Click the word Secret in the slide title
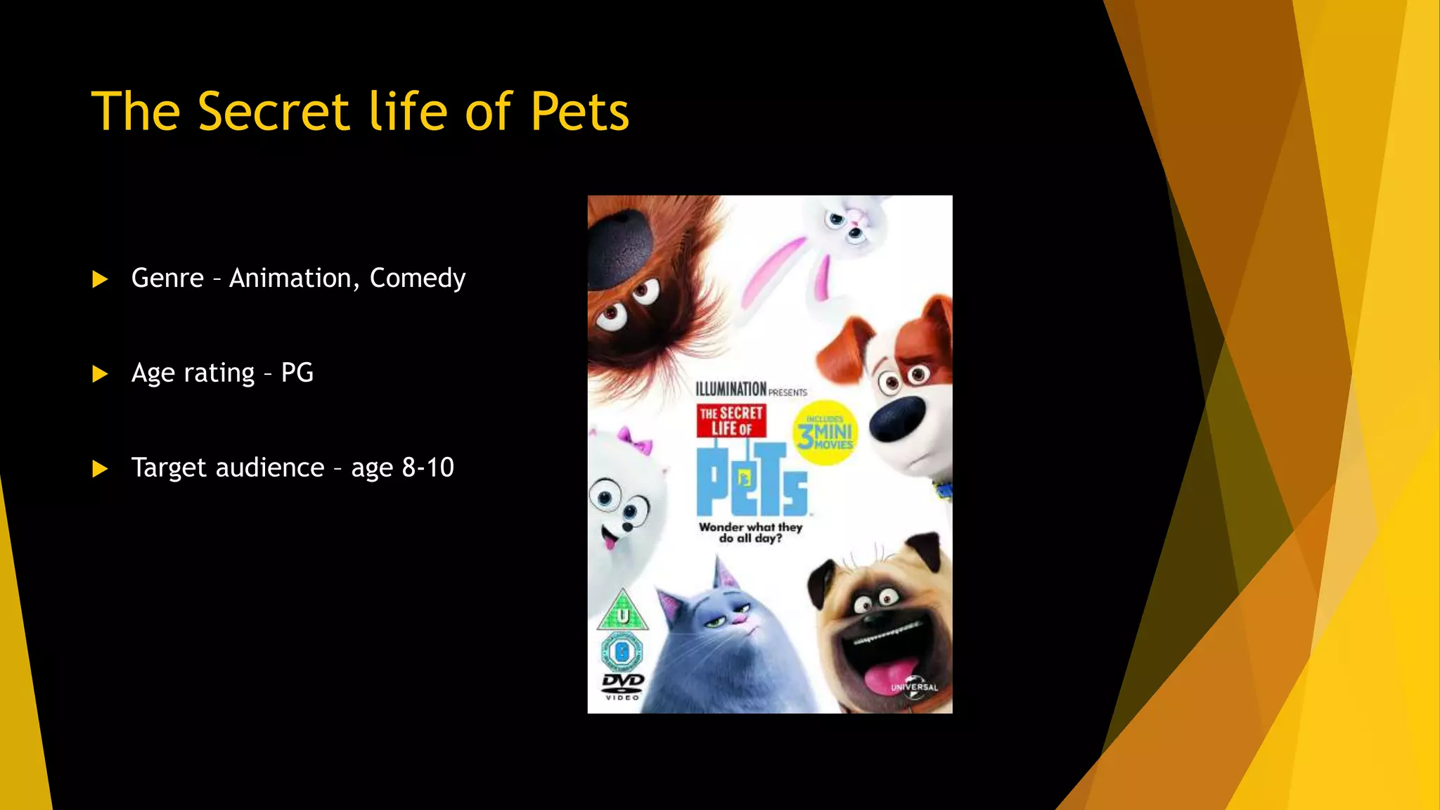point(274,112)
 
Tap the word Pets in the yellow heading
point(579,112)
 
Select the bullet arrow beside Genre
point(100,280)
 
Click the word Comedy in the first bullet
point(417,278)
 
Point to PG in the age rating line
point(297,373)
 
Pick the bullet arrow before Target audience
point(100,469)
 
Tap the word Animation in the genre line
point(290,278)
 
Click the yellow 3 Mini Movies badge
point(825,433)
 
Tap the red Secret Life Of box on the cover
point(731,420)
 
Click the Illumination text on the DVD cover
point(731,389)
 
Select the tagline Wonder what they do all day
point(750,532)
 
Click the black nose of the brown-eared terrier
point(896,418)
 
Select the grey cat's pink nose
point(738,619)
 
